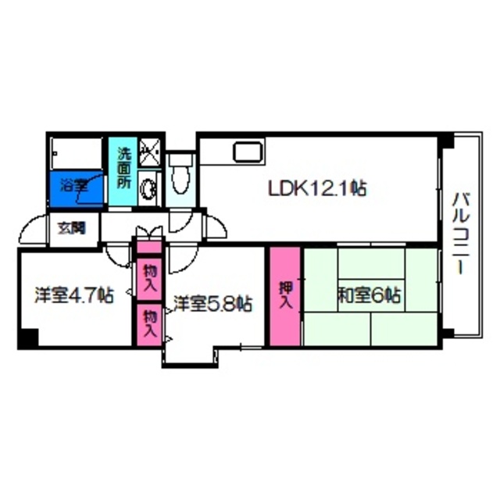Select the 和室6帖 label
tap(369, 296)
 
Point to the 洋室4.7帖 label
tap(74, 296)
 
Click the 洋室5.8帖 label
tap(212, 303)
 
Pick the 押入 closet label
tap(286, 295)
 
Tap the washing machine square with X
tap(148, 152)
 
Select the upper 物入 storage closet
tap(148, 276)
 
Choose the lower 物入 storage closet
tap(148, 323)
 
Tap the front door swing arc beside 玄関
tap(31, 228)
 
